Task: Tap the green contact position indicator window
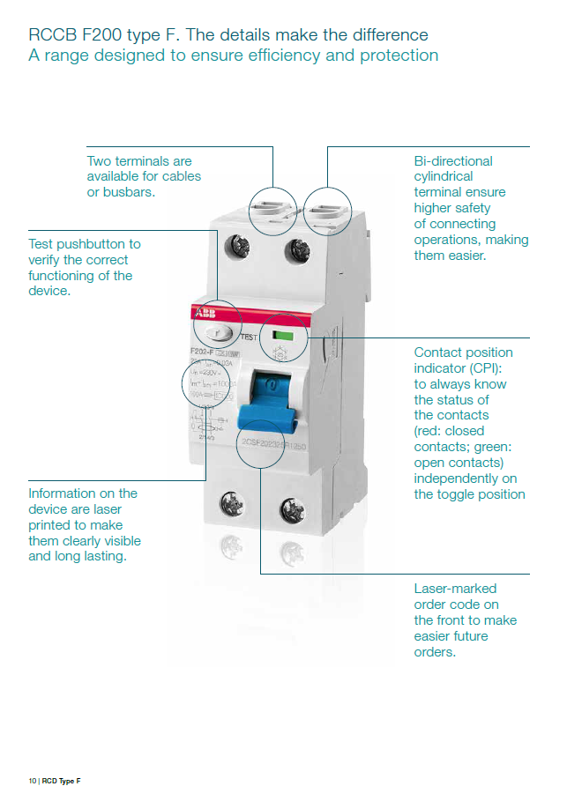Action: point(283,336)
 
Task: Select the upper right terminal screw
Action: point(295,252)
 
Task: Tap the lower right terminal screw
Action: point(290,510)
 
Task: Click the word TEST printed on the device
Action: point(249,337)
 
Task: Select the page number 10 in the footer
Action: point(32,782)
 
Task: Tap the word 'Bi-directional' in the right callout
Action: point(453,161)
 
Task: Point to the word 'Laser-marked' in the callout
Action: point(455,589)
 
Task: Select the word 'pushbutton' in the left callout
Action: point(100,244)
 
